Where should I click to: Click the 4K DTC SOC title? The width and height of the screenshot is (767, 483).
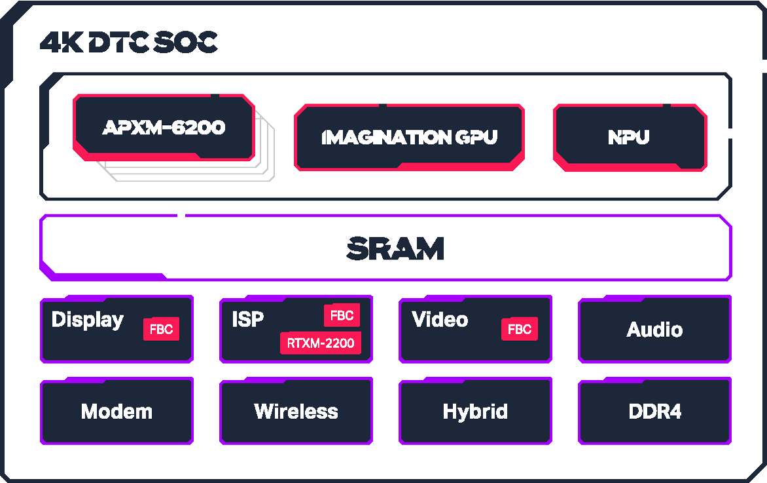[x=128, y=43]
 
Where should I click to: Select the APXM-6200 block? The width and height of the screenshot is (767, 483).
[x=164, y=127]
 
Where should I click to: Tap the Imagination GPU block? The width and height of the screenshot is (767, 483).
[x=409, y=137]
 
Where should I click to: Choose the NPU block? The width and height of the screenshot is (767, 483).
[x=629, y=137]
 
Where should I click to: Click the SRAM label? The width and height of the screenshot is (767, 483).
[x=395, y=248]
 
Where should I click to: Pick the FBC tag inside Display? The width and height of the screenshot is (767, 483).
[x=161, y=329]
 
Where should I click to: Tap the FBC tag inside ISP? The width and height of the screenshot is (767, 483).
[x=342, y=316]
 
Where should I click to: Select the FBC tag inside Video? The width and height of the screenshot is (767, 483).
[x=520, y=329]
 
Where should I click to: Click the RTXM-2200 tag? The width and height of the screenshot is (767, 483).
[x=321, y=343]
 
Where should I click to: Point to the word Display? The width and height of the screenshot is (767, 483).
[x=88, y=320]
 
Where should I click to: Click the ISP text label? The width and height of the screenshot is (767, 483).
[x=248, y=319]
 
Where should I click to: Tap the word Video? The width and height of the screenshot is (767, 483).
[x=440, y=320]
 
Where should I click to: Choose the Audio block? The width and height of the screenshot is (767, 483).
[x=654, y=329]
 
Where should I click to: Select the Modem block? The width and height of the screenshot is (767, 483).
[x=116, y=412]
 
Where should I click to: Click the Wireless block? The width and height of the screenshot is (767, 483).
[x=296, y=412]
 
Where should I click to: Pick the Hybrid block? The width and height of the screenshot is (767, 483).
[x=475, y=412]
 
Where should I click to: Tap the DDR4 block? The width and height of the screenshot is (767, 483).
[x=654, y=412]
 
